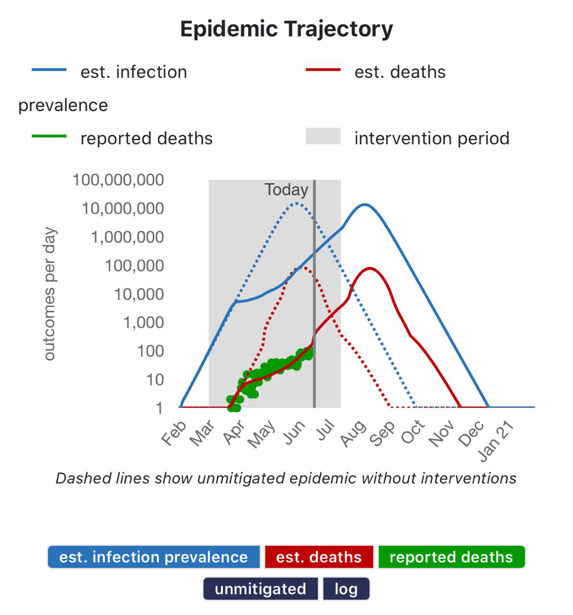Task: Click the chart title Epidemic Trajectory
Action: tap(286, 29)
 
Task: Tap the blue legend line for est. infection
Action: tap(49, 70)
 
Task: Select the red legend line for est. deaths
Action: tap(323, 70)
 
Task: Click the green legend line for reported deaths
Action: tap(49, 136)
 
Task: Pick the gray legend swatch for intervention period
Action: tap(323, 136)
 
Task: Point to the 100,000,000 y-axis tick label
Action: tap(118, 180)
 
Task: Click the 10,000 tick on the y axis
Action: tap(139, 294)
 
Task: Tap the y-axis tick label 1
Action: tap(159, 408)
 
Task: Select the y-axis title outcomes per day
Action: tap(49, 294)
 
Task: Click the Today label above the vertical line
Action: tap(286, 190)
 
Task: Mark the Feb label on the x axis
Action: tap(173, 433)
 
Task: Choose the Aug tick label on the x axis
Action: tap(353, 433)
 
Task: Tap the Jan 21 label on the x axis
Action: tap(497, 442)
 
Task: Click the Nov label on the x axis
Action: tap(441, 433)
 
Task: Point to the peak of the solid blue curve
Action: tap(365, 205)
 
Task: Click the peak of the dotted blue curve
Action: tap(296, 203)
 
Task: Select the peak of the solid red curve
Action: tap(370, 268)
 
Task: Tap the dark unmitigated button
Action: tap(260, 589)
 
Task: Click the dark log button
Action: tap(346, 589)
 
